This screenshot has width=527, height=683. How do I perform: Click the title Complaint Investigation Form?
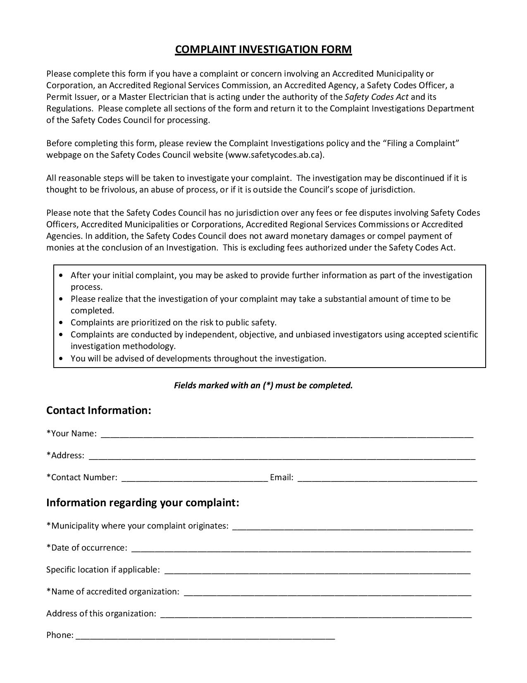[263, 49]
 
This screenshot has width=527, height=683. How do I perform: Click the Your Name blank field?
[287, 434]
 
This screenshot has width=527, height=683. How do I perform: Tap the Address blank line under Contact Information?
[282, 456]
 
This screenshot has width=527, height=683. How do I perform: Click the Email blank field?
[387, 478]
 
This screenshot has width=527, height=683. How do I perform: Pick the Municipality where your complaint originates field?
[352, 526]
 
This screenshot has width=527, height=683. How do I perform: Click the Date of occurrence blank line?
[301, 548]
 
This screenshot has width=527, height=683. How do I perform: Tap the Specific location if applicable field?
[317, 570]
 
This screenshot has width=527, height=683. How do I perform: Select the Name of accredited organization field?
[327, 592]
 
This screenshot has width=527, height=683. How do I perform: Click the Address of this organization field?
[315, 614]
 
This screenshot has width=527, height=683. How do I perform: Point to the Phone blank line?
[205, 636]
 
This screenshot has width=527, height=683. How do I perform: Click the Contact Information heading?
[99, 410]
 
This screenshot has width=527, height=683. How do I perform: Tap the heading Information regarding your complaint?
[143, 503]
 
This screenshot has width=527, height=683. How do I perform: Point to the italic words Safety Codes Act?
[376, 97]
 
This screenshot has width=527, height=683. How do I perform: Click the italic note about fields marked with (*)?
[263, 385]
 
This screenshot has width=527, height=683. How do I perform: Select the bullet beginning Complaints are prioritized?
[173, 322]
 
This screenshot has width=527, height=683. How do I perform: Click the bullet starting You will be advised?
[198, 358]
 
